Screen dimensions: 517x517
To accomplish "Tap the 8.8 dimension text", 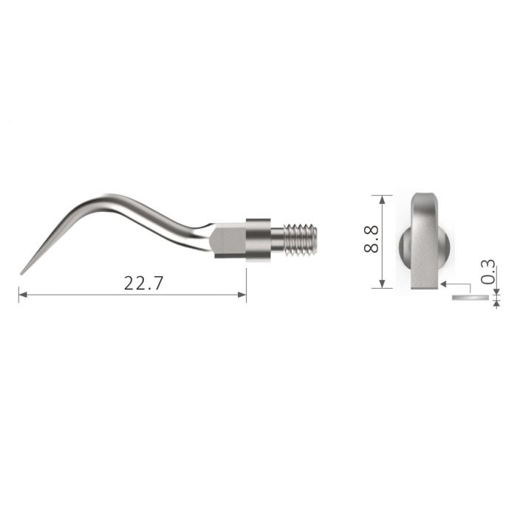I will (x=370, y=241).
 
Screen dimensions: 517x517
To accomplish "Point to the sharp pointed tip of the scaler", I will (x=22, y=273).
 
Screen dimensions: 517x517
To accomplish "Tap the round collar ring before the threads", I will (x=258, y=238).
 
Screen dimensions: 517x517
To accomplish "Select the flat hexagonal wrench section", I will (x=227, y=241).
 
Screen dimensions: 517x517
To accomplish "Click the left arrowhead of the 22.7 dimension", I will (x=22, y=295).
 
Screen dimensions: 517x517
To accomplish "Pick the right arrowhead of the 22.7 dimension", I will (x=242, y=295).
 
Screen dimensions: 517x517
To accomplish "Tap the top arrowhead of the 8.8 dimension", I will (x=382, y=199).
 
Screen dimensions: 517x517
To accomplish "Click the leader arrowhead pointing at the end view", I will (x=442, y=283).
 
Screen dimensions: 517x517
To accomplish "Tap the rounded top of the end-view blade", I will (x=426, y=196).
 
